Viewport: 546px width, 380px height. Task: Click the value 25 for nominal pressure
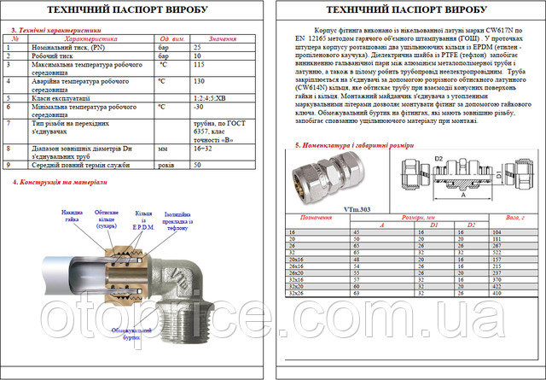[198, 48]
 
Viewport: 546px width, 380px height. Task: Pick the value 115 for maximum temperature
[199, 65]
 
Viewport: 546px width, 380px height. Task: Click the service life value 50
[198, 164]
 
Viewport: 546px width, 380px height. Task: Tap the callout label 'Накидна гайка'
[70, 213]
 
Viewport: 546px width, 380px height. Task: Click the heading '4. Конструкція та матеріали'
[56, 182]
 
